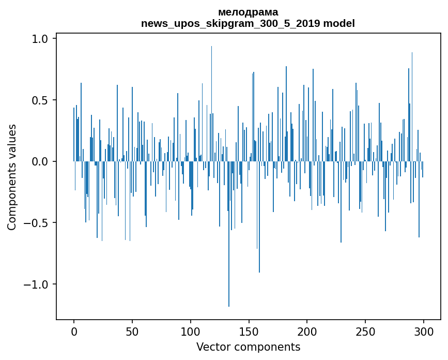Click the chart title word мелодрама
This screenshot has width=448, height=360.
click(248, 12)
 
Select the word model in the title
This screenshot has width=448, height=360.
click(341, 23)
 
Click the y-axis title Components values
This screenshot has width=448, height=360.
click(12, 177)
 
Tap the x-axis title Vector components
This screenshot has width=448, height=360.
click(248, 347)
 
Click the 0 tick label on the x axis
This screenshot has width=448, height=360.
click(74, 332)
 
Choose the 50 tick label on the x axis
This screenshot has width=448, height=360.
click(132, 332)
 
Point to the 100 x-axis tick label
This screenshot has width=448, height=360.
click(191, 332)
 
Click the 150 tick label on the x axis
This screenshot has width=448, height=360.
click(249, 332)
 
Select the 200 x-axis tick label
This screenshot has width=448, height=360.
click(307, 332)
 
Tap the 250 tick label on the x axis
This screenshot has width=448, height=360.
click(365, 332)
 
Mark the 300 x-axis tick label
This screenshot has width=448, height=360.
click(424, 332)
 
